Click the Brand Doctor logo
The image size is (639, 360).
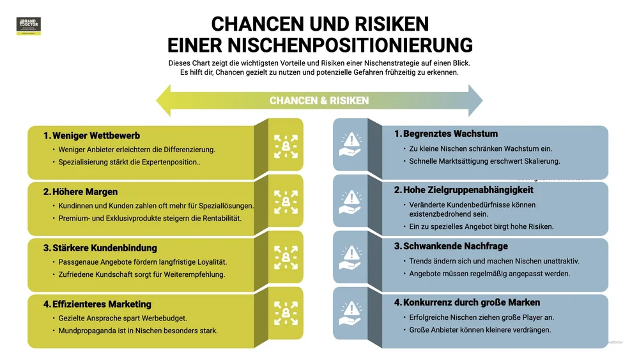coord(28,26)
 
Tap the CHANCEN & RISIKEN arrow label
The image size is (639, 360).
coord(319,100)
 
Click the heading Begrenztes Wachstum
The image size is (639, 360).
coord(450,134)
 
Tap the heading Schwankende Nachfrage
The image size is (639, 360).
coord(455,246)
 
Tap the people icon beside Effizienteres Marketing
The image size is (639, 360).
coord(286,314)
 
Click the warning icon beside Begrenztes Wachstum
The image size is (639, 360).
coord(350,145)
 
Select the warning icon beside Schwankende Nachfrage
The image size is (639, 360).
coord(350,257)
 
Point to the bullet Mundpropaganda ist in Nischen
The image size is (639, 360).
coord(138,331)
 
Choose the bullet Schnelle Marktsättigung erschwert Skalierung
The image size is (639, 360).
coord(484,161)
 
